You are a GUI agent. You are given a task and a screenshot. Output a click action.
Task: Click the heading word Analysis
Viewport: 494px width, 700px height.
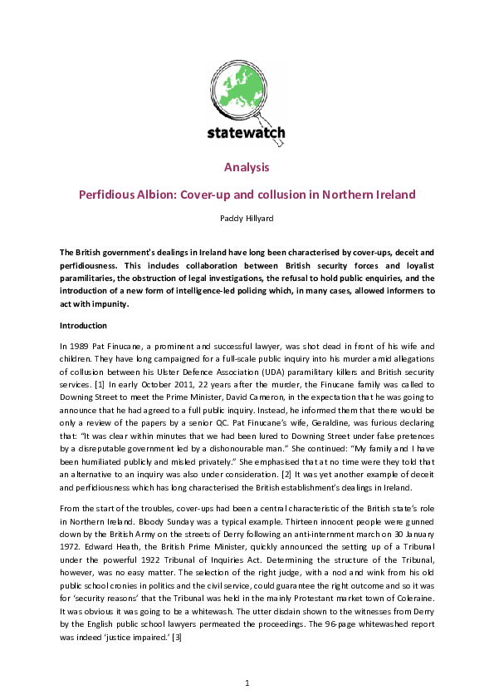tap(247, 167)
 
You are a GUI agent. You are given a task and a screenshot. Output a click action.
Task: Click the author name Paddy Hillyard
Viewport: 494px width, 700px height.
tap(247, 219)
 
